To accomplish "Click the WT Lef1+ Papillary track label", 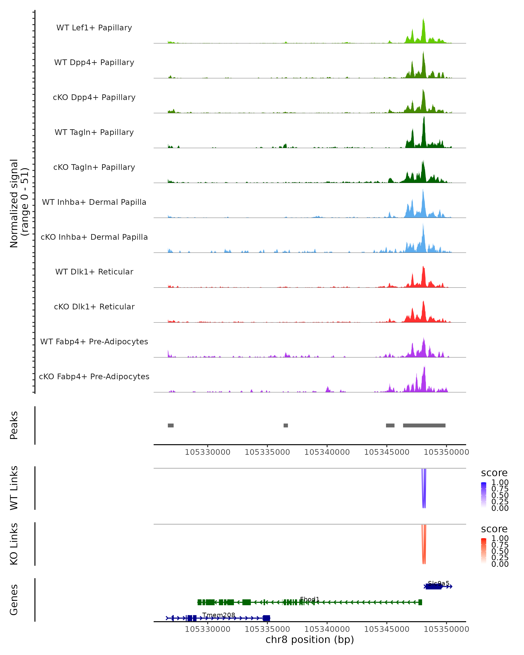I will click(x=94, y=28).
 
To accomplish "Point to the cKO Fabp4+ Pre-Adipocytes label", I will click(x=94, y=376).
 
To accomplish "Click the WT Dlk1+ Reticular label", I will click(x=94, y=272).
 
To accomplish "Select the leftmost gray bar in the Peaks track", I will click(x=171, y=425).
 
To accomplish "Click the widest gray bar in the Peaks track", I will click(x=424, y=425).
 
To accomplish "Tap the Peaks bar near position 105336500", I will click(x=286, y=425).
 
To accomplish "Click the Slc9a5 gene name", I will click(x=438, y=583).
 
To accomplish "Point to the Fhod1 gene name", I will click(x=310, y=599).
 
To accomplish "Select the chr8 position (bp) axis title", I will click(x=310, y=640).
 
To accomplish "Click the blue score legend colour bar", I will click(x=484, y=495).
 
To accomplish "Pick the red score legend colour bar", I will click(x=484, y=551).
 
